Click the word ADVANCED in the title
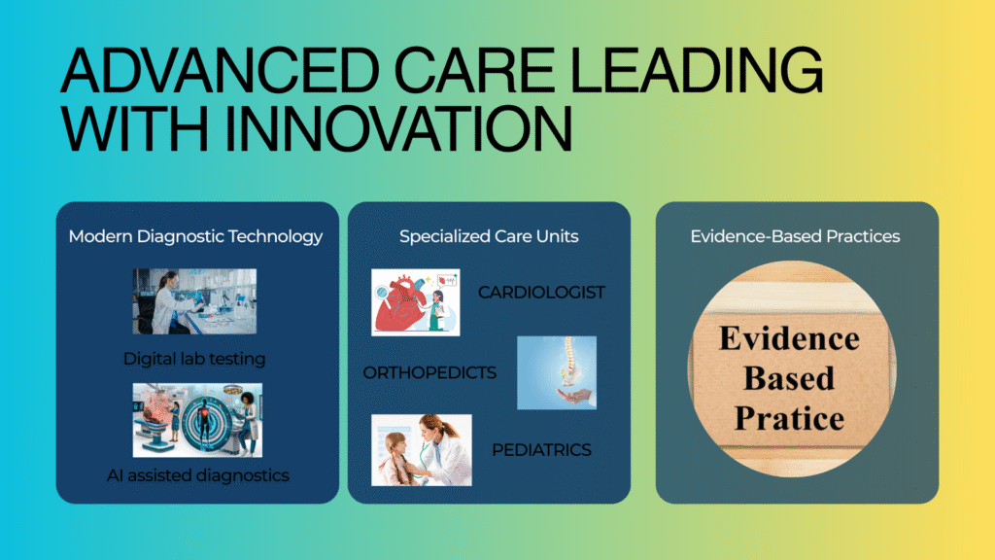[x=221, y=70]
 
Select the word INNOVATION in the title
[x=398, y=129]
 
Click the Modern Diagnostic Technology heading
[x=195, y=237]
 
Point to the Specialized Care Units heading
[x=489, y=236]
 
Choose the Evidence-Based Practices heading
[x=795, y=236]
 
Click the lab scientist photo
[x=194, y=301]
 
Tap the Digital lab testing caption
[x=194, y=359]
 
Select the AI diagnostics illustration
[x=197, y=420]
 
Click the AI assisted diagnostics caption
[x=198, y=474]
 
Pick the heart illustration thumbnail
[x=416, y=302]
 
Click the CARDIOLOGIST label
[x=541, y=292]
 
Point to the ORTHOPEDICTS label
[x=429, y=372]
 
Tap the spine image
[x=557, y=372]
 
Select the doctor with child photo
[x=422, y=450]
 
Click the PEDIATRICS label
[x=541, y=450]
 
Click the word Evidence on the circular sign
[x=789, y=338]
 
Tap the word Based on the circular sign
[x=789, y=378]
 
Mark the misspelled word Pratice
[x=789, y=418]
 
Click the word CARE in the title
[x=474, y=70]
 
